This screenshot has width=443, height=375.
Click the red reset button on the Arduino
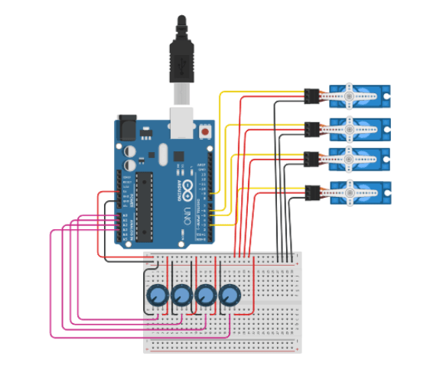(204, 131)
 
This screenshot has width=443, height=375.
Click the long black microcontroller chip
(144, 202)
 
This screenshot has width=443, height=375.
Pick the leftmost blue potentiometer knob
(157, 296)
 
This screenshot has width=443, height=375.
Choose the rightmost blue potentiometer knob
(230, 296)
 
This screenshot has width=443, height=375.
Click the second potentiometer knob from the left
(181, 296)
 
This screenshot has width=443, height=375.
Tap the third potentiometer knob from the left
(205, 296)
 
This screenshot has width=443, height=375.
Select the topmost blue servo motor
(360, 97)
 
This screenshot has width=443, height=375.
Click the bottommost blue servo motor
(360, 195)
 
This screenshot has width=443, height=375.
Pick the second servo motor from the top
(360, 130)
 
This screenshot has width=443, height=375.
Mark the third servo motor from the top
(360, 162)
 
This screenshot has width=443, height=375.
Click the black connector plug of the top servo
(311, 95)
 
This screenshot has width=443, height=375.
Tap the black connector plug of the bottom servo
(311, 193)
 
